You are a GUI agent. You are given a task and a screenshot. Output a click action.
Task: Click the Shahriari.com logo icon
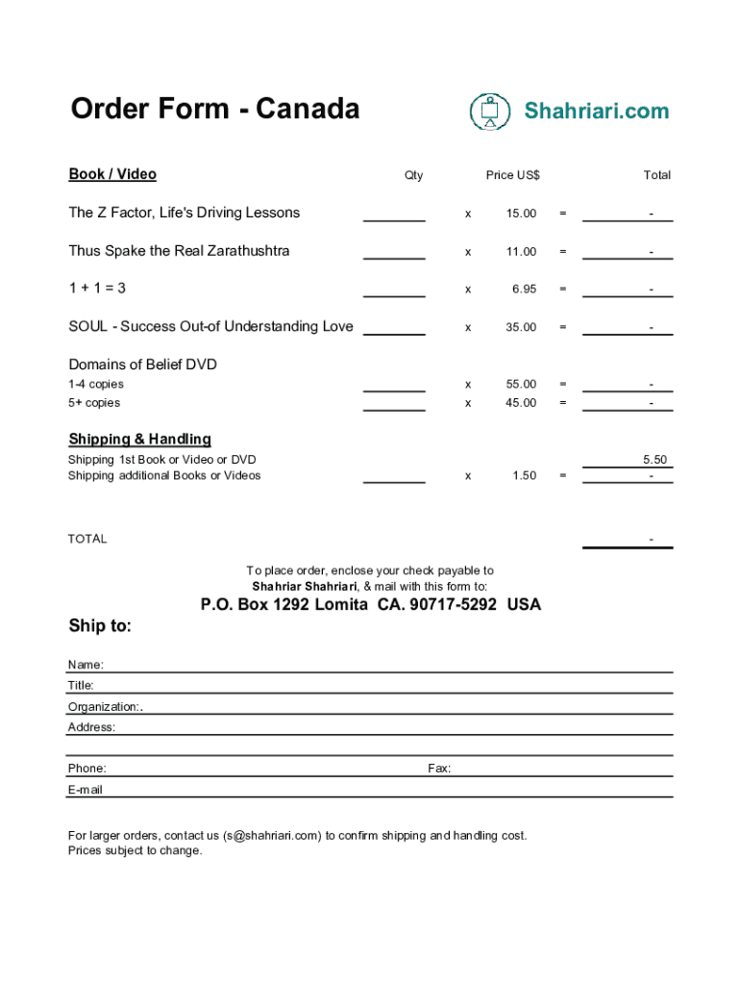tap(490, 112)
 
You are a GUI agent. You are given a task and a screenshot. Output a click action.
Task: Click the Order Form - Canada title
tap(214, 110)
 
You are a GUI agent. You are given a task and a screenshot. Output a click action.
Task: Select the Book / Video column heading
tap(112, 174)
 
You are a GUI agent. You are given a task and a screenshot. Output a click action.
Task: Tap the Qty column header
tap(413, 175)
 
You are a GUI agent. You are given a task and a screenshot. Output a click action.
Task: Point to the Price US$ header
tap(512, 175)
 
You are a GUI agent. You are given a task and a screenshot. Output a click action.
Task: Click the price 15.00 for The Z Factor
tap(521, 214)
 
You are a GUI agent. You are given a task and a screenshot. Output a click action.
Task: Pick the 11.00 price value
tap(521, 252)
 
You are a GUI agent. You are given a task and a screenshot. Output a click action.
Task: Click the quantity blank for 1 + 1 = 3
tap(394, 290)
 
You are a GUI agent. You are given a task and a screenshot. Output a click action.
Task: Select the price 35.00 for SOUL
tap(521, 327)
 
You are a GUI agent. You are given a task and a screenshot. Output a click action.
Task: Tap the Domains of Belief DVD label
tap(142, 365)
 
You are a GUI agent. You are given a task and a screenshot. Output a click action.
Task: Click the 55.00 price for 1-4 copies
tap(521, 385)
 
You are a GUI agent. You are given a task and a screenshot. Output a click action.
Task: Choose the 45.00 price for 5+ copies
tap(521, 403)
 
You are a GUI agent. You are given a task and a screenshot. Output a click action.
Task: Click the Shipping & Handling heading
tap(139, 440)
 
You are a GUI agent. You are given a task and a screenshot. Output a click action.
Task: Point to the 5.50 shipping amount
tap(654, 460)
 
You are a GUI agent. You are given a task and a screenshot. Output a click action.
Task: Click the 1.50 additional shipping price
tap(524, 476)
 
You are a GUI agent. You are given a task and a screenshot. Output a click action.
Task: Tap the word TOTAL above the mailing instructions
tap(87, 539)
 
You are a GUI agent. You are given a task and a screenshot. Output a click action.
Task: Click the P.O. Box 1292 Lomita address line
tap(370, 605)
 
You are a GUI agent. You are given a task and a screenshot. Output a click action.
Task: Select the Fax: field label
tap(439, 769)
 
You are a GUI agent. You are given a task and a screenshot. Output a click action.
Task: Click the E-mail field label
tap(86, 790)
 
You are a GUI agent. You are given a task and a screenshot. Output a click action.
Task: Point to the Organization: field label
tap(105, 707)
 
